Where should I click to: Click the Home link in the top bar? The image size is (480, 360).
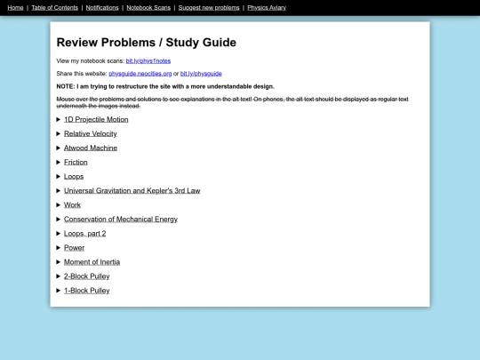click(x=15, y=7)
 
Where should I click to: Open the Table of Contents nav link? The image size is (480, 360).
click(x=54, y=7)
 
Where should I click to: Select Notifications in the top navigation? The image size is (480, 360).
click(x=102, y=7)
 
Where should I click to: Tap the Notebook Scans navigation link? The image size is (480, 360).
click(x=148, y=7)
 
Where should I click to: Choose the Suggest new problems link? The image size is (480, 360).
click(x=209, y=7)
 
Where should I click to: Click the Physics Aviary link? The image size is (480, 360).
click(x=267, y=7)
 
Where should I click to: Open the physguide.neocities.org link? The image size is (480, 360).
click(x=140, y=73)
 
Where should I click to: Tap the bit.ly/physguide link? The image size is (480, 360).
click(x=201, y=73)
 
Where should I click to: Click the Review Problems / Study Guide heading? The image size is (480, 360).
click(x=146, y=42)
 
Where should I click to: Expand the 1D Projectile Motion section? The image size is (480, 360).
click(x=96, y=119)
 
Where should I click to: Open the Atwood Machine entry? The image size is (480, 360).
click(x=90, y=148)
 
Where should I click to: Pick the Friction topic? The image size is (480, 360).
click(x=76, y=162)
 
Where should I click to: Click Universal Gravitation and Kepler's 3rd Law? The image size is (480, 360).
click(x=132, y=190)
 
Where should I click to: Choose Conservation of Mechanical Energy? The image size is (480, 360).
click(x=120, y=219)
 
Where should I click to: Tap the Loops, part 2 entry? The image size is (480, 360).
click(x=84, y=233)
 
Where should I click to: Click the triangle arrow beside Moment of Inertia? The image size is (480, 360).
click(x=59, y=261)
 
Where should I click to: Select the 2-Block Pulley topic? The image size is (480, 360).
click(x=86, y=276)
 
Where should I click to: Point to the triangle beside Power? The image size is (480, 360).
click(x=59, y=247)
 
